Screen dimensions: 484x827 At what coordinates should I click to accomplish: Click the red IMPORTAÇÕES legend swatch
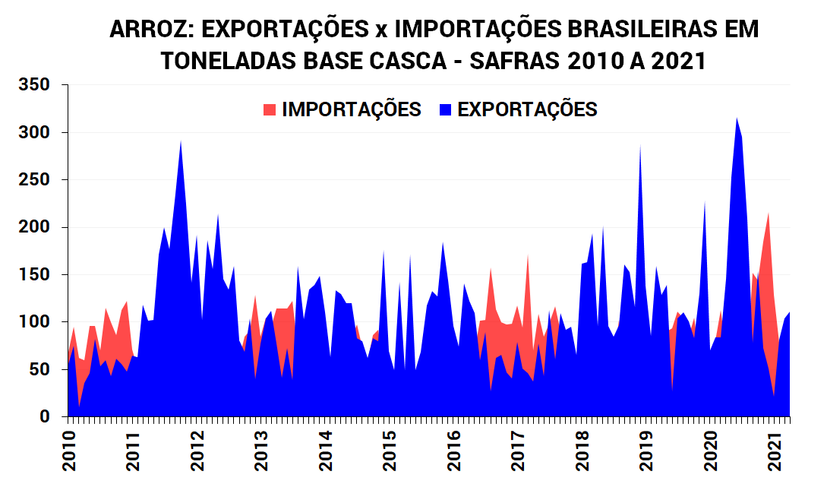click(x=270, y=110)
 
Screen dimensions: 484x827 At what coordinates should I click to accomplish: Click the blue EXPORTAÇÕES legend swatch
click(x=446, y=110)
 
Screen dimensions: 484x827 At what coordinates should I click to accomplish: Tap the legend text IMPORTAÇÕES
click(x=351, y=109)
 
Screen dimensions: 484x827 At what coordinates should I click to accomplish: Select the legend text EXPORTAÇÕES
click(x=527, y=109)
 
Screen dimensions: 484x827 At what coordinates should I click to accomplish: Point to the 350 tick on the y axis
click(x=34, y=85)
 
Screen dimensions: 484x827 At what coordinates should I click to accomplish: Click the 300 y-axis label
click(x=34, y=133)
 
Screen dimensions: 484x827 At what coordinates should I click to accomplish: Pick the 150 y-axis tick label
click(x=34, y=275)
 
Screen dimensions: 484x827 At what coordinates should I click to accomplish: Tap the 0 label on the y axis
click(x=46, y=417)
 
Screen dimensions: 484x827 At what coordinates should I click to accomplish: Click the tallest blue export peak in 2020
click(x=737, y=120)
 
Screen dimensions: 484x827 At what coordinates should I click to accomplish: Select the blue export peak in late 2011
click(x=180, y=143)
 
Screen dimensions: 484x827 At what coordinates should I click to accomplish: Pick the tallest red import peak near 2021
click(x=769, y=216)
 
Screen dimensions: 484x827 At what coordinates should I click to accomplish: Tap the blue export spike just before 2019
click(x=640, y=147)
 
